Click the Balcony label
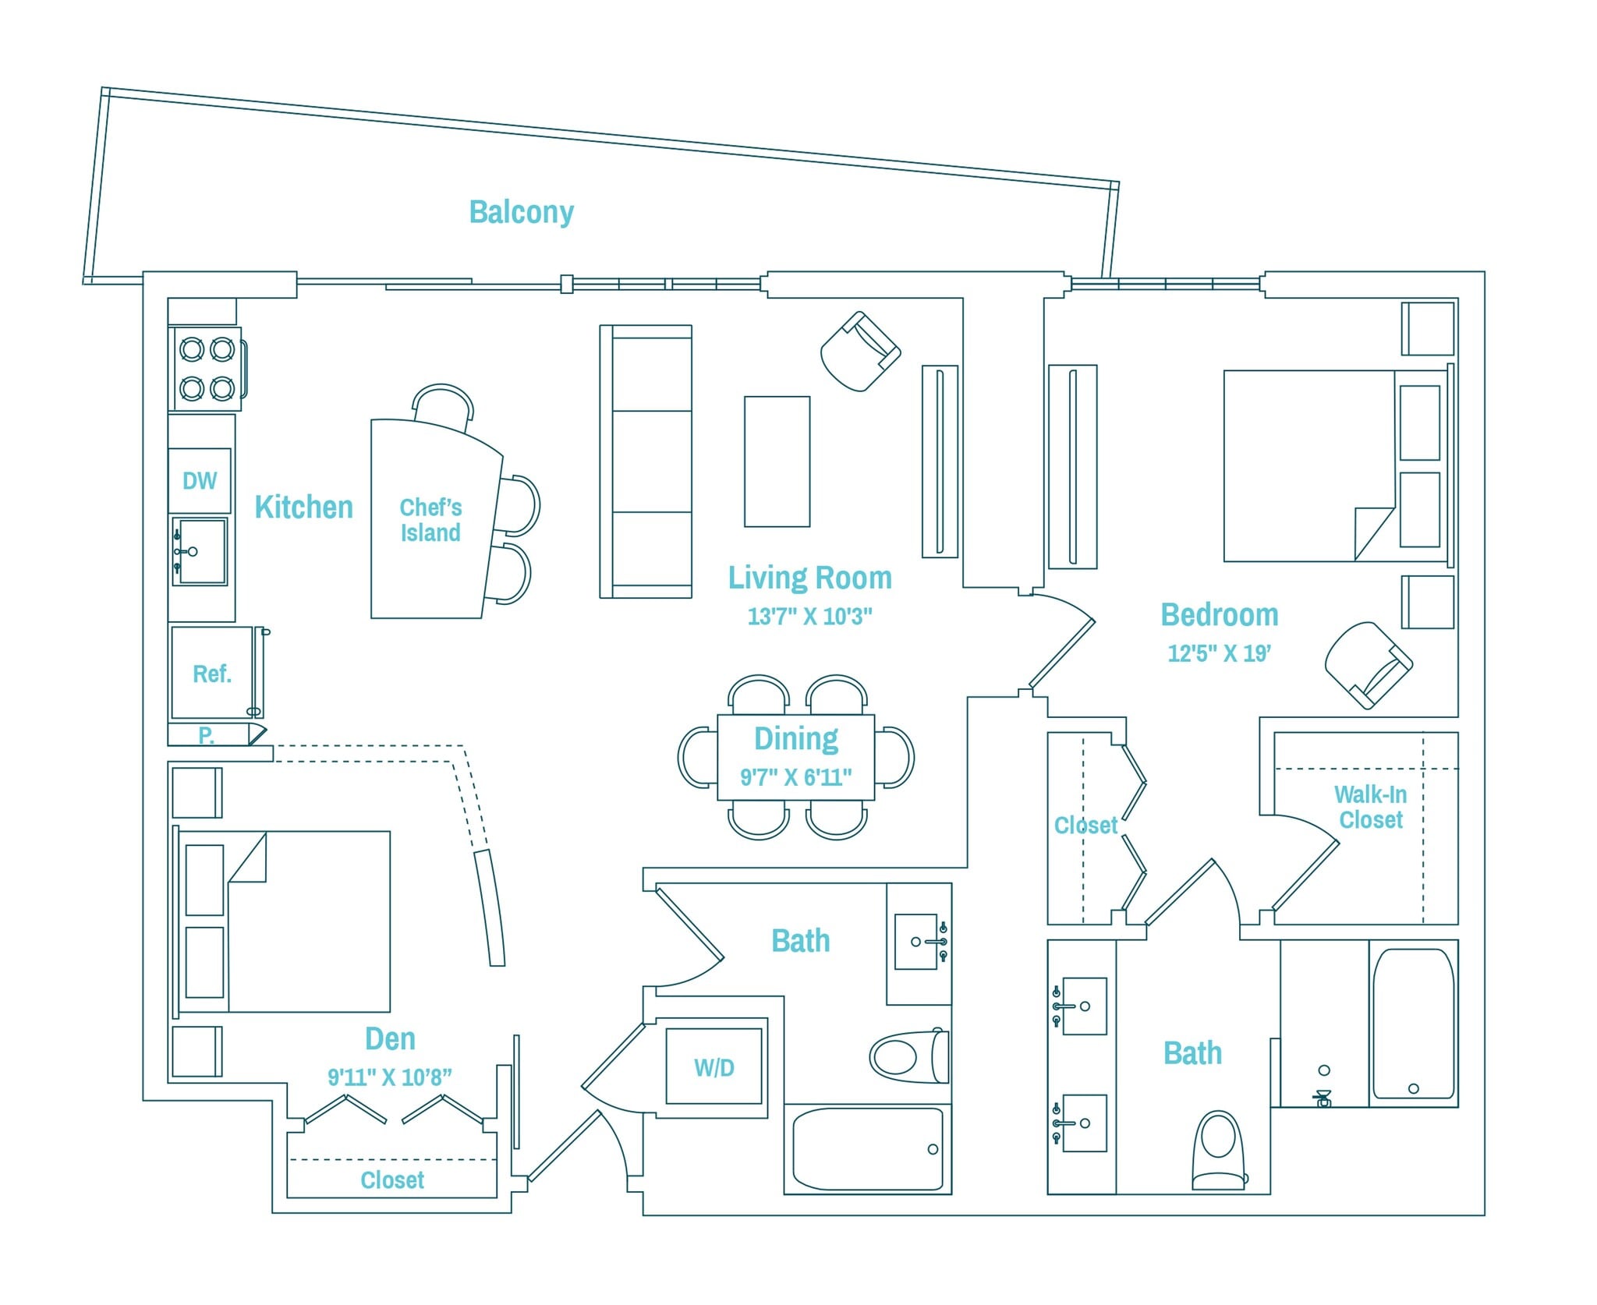click(x=521, y=212)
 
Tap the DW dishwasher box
click(x=200, y=480)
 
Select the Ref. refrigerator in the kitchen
click(x=212, y=674)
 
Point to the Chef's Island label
click(x=430, y=520)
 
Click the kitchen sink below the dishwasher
click(x=200, y=551)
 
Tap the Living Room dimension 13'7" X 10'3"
click(x=809, y=617)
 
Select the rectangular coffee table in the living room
click(x=777, y=462)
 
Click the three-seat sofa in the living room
click(x=646, y=462)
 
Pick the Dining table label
click(x=796, y=738)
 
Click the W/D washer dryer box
click(x=714, y=1067)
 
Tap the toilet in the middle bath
click(x=908, y=1056)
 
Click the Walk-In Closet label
click(x=1370, y=807)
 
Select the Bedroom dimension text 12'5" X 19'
click(x=1219, y=653)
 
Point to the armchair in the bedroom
click(x=1368, y=664)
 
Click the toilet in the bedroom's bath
click(x=1218, y=1150)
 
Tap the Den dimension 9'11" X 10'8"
click(x=389, y=1077)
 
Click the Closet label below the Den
click(x=392, y=1180)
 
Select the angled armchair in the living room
click(x=860, y=351)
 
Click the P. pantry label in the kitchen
click(x=206, y=734)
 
